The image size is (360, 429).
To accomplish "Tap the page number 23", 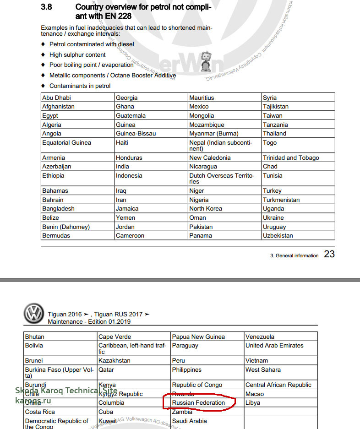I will pos(329,254).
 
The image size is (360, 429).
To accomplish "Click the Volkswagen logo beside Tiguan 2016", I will pos(33,314).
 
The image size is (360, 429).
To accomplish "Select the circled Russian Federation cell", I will pos(198,403).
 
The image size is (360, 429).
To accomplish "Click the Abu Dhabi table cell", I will pos(56,98).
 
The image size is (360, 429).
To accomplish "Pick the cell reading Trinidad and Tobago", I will pos(291,157).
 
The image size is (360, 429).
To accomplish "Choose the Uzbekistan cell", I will pos(278,235).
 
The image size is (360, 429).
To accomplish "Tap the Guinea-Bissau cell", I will pos(136,133).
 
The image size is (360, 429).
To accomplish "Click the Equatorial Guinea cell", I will pos(66,142).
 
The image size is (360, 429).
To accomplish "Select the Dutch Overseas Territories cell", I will pos(222,178).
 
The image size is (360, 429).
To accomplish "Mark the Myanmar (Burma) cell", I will pos(214,133).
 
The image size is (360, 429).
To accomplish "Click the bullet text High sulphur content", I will pos(77,54).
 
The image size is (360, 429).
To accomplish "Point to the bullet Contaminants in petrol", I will pos(80,86).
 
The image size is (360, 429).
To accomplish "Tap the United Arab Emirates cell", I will pos(274,345).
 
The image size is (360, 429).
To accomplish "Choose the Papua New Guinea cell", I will pos(198,337).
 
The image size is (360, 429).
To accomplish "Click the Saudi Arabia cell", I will pos(189,421).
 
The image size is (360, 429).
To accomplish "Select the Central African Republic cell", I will pos(278,385).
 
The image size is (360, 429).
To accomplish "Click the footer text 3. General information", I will pos(294,255).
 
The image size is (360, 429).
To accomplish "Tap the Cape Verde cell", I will pos(115,337).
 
